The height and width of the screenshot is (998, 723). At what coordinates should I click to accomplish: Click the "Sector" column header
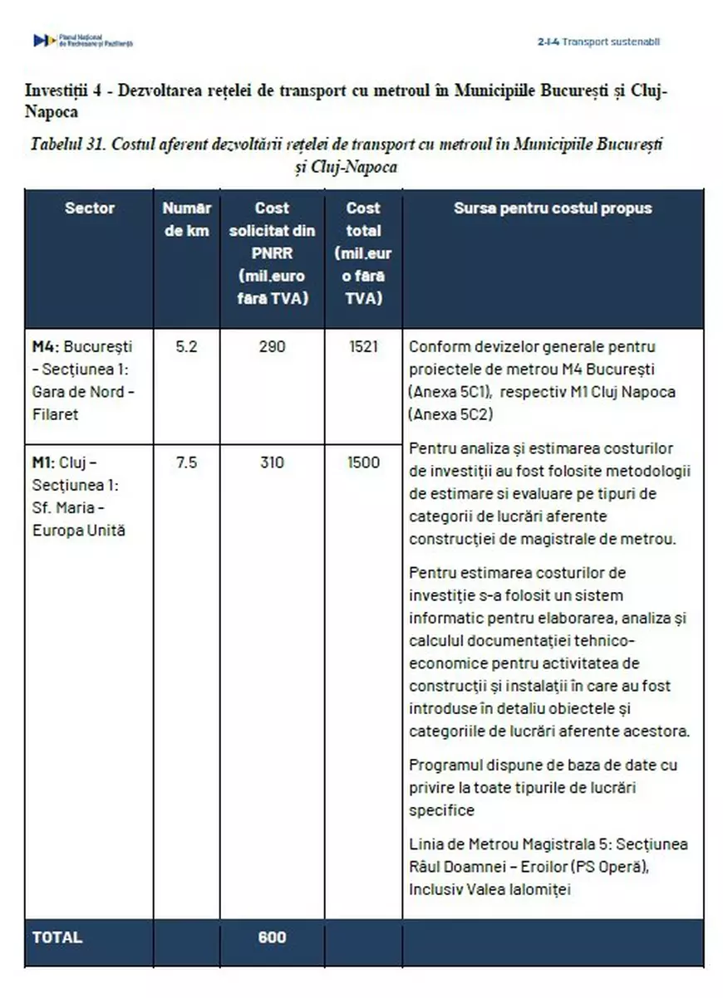coord(90,208)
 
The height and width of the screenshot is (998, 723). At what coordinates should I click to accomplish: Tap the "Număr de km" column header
coord(186,219)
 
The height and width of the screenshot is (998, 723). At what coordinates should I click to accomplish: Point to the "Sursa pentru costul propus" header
coord(553,208)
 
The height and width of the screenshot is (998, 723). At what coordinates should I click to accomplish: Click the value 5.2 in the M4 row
coord(186,347)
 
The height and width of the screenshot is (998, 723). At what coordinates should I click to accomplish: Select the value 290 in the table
coord(272,347)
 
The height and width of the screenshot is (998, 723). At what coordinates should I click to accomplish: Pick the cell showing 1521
coord(362,347)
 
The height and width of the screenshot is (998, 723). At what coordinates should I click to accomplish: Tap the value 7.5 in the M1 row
coord(186,463)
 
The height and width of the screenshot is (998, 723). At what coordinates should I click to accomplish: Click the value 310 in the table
coord(272,463)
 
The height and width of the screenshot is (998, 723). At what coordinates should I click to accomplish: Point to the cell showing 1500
coord(362,463)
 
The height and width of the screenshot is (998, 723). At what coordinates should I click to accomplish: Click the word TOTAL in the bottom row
coord(57,937)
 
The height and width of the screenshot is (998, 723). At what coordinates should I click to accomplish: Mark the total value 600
coord(272,937)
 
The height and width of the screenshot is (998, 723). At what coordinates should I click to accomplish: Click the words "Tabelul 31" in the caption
coord(66,144)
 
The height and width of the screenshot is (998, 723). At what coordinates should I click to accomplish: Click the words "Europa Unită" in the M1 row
coord(79,531)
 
